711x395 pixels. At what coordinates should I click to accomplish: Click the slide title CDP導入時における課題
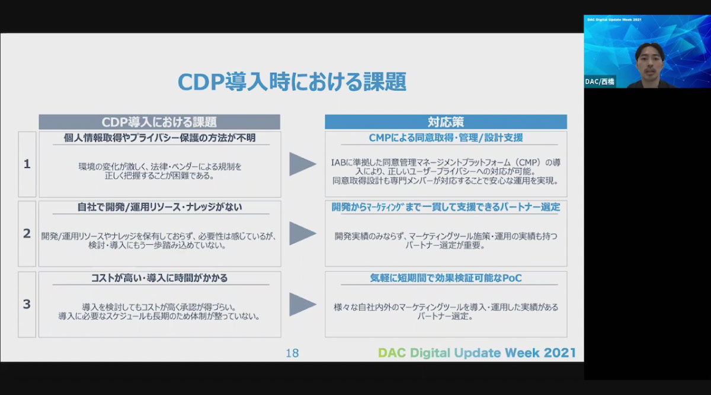(292, 82)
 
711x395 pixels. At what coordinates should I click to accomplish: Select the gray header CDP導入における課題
(159, 122)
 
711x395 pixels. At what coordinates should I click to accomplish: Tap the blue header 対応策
(446, 122)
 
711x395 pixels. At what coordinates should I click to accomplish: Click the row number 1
(27, 164)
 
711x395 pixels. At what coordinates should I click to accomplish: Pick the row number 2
(27, 234)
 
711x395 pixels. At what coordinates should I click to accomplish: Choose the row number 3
(27, 304)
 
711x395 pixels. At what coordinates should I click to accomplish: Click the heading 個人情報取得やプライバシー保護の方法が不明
(159, 138)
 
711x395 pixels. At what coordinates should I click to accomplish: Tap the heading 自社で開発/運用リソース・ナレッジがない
(159, 207)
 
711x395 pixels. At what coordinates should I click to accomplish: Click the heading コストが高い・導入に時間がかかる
(159, 278)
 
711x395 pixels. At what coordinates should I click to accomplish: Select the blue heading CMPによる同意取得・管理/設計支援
(446, 138)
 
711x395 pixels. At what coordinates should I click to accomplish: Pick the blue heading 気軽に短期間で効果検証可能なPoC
(446, 278)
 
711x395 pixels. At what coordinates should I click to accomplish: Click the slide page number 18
(292, 353)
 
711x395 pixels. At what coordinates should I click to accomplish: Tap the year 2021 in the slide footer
(560, 353)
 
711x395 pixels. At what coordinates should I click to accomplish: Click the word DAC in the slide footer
(392, 353)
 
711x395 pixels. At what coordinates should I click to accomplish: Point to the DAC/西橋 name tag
(600, 82)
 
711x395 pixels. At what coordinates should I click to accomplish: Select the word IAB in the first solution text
(338, 163)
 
